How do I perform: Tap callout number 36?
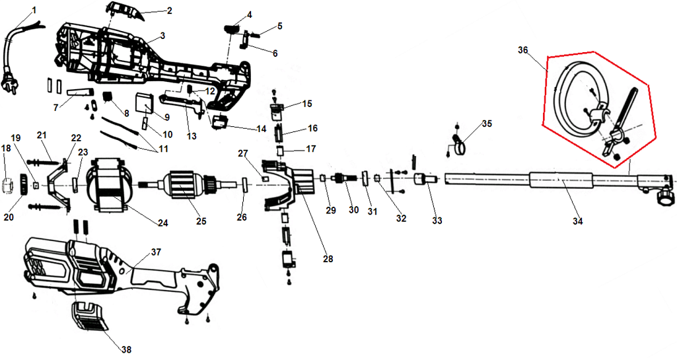[523, 50]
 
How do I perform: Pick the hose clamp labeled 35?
[460, 141]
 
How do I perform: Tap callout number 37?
[156, 252]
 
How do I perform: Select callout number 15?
[306, 104]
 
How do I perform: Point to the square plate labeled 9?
[144, 102]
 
